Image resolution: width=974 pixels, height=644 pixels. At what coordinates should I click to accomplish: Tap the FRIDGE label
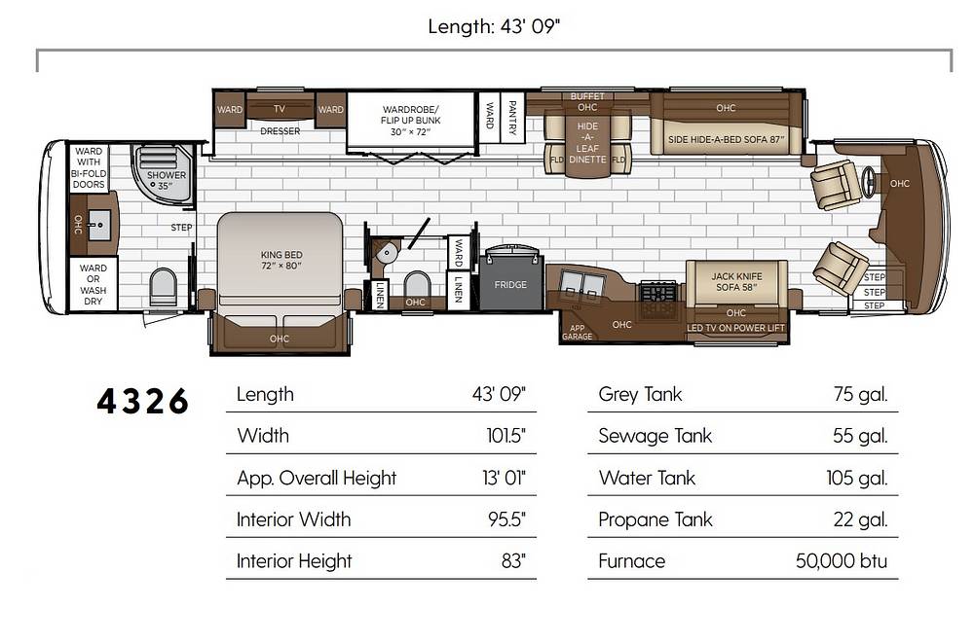click(510, 285)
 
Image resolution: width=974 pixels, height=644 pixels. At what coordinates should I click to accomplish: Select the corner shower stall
click(162, 172)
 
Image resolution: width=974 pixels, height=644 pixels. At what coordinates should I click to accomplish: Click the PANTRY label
click(512, 118)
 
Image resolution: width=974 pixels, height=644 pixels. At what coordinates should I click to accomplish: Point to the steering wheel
click(870, 183)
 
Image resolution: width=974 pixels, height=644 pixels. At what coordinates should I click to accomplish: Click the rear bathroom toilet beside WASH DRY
click(164, 286)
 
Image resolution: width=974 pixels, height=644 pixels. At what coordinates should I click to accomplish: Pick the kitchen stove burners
click(659, 292)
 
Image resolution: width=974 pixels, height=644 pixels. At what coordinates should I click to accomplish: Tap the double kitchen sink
click(582, 284)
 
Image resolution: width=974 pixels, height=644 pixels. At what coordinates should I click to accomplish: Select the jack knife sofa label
click(736, 282)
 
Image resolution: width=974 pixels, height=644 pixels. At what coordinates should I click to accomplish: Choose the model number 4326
click(142, 401)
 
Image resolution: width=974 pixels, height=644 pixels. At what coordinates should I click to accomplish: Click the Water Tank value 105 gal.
click(856, 478)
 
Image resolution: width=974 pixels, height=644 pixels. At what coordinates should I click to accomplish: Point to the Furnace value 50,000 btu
click(842, 561)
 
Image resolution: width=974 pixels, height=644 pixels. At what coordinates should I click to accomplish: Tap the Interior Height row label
click(294, 561)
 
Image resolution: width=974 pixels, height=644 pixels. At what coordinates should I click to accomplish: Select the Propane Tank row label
click(656, 519)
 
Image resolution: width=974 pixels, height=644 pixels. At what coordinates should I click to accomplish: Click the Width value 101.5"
click(506, 436)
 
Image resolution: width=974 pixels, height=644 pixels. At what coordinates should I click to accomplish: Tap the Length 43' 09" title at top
click(494, 26)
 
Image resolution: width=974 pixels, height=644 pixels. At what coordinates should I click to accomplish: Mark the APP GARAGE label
click(577, 332)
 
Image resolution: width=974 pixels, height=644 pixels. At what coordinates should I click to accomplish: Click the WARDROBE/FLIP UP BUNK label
click(411, 121)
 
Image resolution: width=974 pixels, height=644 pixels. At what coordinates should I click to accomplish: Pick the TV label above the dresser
click(280, 109)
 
